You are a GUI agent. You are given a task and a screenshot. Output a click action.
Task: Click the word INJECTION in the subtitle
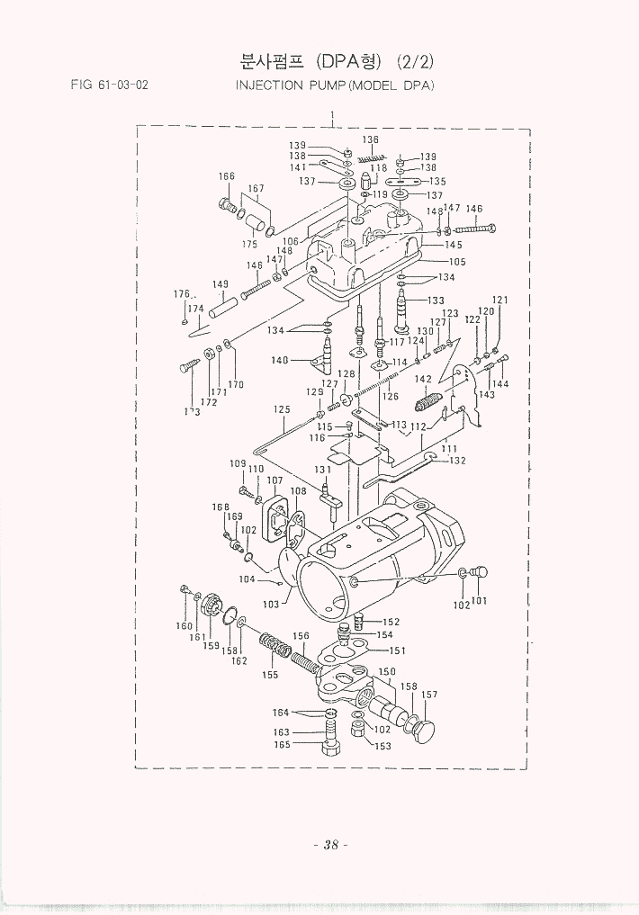[x=267, y=85]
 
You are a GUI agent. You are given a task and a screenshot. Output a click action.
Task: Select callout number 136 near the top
[x=370, y=139]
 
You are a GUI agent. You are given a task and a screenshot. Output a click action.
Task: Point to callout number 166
[x=227, y=176]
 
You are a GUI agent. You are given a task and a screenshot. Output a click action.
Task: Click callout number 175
[x=249, y=244]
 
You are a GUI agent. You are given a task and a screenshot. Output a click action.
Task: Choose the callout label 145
[x=454, y=245]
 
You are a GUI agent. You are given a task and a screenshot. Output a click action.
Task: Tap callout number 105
[x=457, y=262]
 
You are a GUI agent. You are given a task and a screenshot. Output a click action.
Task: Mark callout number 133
[x=436, y=300]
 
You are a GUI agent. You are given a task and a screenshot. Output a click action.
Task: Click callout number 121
[x=500, y=300]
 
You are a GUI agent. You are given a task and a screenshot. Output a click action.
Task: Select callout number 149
[x=220, y=284]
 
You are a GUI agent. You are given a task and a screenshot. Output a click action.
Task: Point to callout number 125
[x=282, y=409]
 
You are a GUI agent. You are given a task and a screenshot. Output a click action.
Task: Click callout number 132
[x=457, y=461]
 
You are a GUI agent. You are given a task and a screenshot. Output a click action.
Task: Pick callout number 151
[x=397, y=650]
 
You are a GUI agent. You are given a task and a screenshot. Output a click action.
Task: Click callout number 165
[x=282, y=745]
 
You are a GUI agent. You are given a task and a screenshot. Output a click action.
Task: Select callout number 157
[x=430, y=694]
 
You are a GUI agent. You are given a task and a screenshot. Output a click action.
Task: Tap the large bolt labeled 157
[x=420, y=727]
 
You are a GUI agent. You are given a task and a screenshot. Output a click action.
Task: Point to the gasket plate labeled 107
[x=273, y=510]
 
